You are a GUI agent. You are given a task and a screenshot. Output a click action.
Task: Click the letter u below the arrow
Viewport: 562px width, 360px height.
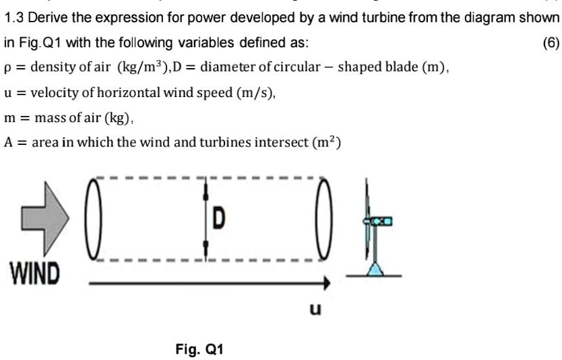click(x=315, y=309)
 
